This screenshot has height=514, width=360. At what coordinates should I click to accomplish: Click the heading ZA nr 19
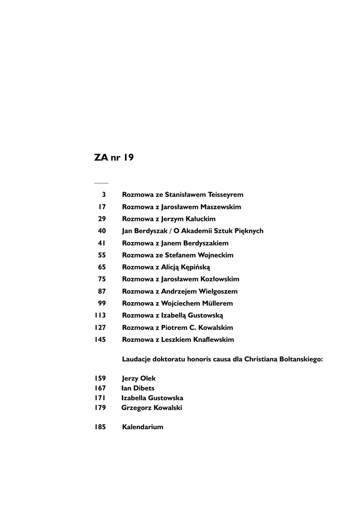click(113, 157)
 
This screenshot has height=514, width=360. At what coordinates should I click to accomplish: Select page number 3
click(103, 194)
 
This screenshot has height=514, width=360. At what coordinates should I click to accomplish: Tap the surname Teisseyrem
click(222, 194)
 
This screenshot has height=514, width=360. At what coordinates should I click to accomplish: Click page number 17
click(102, 206)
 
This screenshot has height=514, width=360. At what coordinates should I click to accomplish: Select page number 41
click(101, 243)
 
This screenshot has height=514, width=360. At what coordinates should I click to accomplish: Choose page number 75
click(101, 279)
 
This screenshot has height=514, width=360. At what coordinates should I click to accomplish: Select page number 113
click(100, 315)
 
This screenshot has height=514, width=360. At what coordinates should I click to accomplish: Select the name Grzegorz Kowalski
click(152, 408)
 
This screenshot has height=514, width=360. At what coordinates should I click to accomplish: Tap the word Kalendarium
click(143, 427)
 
